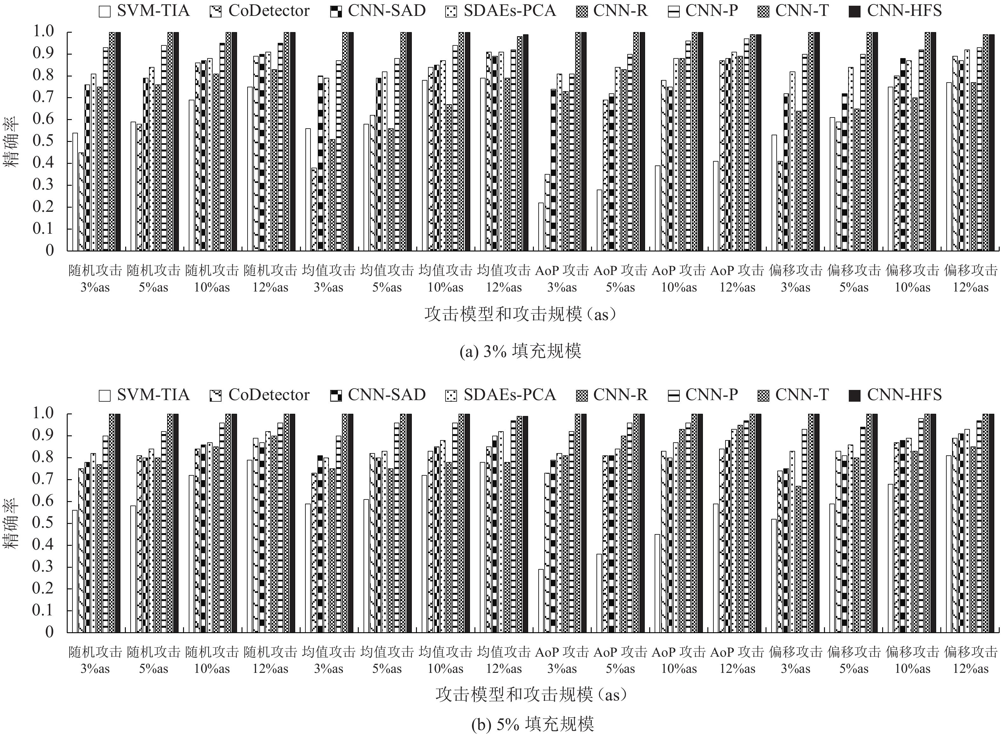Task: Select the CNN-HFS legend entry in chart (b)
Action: click(x=895, y=395)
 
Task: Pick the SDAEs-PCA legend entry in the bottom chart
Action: click(x=500, y=395)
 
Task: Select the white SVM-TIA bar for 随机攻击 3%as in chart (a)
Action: click(x=75, y=192)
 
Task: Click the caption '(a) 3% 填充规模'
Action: click(x=520, y=352)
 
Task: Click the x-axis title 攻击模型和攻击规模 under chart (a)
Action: click(x=520, y=314)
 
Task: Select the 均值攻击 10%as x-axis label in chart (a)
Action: click(x=445, y=279)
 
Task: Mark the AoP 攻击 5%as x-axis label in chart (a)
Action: click(x=620, y=279)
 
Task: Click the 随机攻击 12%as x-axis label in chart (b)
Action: click(x=270, y=660)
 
